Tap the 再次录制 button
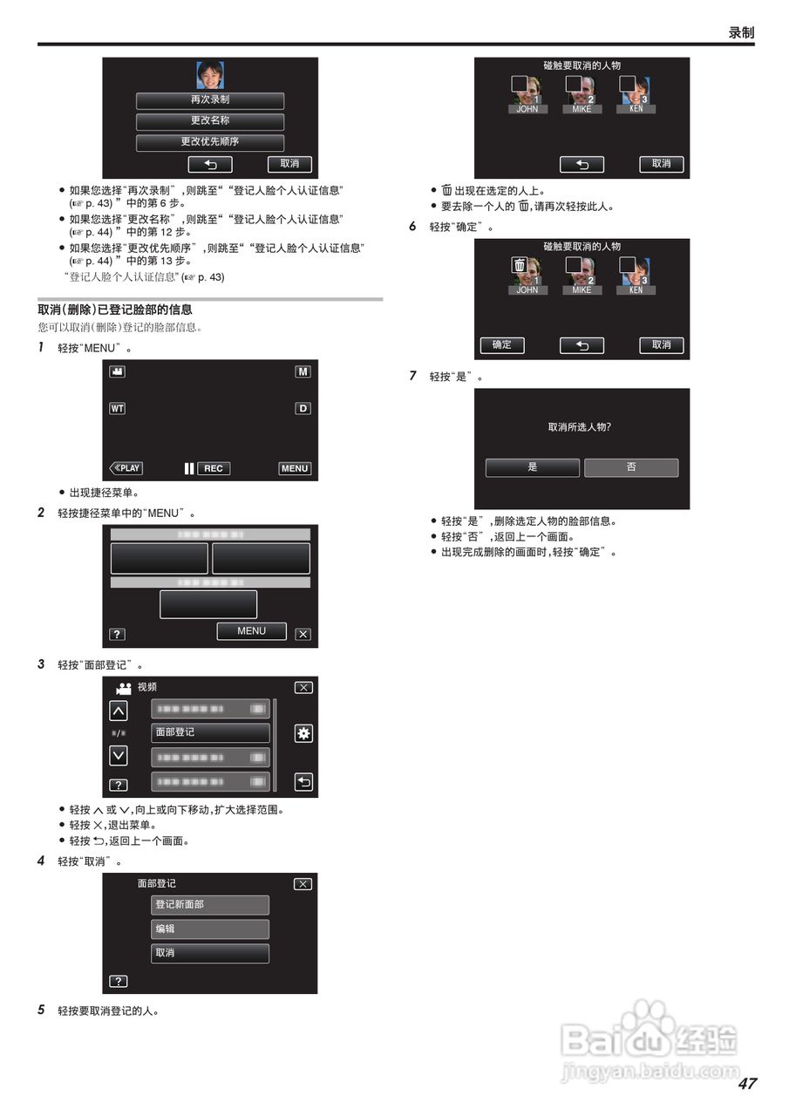point(210,100)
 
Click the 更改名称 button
point(210,121)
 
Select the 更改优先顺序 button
point(210,142)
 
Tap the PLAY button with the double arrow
point(126,468)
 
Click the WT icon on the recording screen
point(117,408)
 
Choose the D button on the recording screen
point(303,408)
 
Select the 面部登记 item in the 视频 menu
point(210,733)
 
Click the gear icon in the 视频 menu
point(303,733)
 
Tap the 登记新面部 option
point(210,905)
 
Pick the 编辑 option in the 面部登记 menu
point(210,929)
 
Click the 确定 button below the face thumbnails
point(502,345)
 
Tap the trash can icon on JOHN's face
point(520,266)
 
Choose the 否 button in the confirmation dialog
point(631,467)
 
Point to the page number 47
point(746,1084)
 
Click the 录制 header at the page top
point(741,32)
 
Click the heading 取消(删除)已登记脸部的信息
point(115,310)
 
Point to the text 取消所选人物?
point(579,427)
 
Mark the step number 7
point(413,377)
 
